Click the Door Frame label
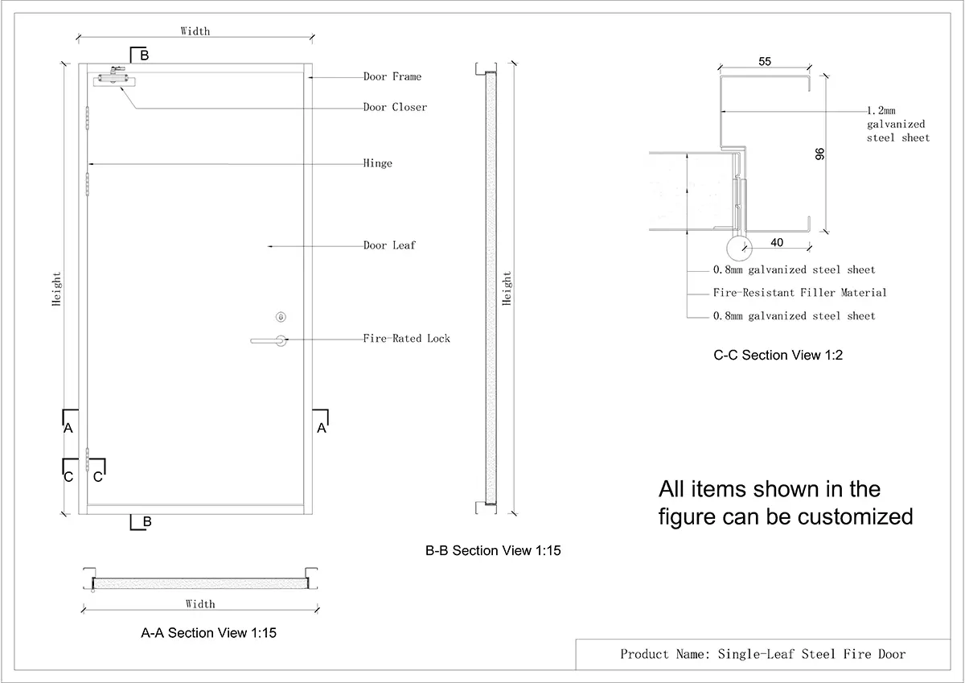click(x=392, y=77)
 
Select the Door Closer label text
click(x=395, y=108)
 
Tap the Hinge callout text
click(x=377, y=164)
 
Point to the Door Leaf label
click(x=389, y=245)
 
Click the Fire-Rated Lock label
click(x=406, y=339)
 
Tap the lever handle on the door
click(x=269, y=341)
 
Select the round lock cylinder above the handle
click(x=280, y=316)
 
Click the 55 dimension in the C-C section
click(x=765, y=61)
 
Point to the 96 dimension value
click(x=820, y=153)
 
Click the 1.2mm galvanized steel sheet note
click(x=897, y=124)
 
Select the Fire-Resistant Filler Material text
click(x=799, y=293)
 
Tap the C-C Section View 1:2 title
click(x=778, y=356)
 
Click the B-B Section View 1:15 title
click(x=492, y=551)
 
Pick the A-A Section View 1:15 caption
click(x=208, y=633)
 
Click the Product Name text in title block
click(x=762, y=654)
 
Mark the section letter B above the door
click(x=144, y=56)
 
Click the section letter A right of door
click(x=322, y=429)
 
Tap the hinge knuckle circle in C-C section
click(x=737, y=248)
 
